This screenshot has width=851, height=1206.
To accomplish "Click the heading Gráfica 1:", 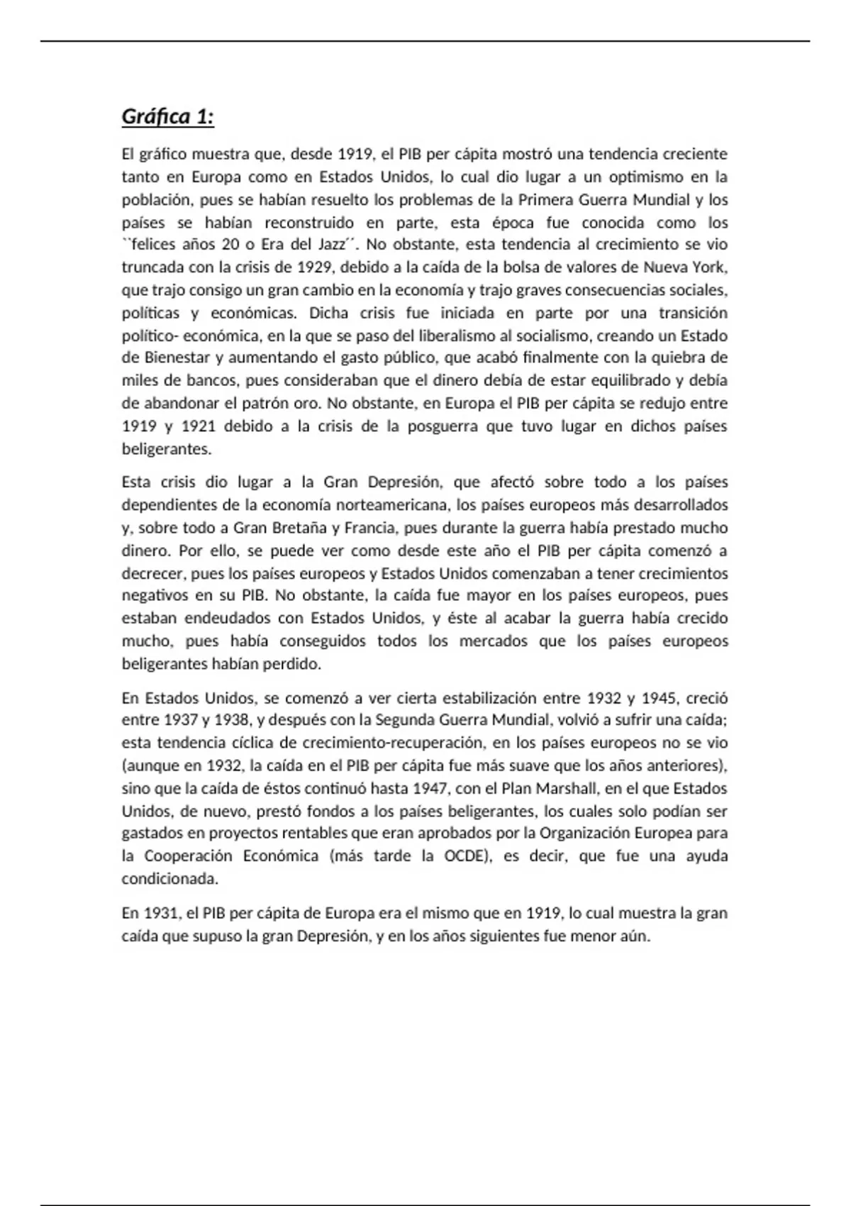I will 168,116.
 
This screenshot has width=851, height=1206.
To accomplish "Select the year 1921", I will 199,426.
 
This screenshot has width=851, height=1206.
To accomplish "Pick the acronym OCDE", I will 466,856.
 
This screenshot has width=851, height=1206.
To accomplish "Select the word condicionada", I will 169,878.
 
